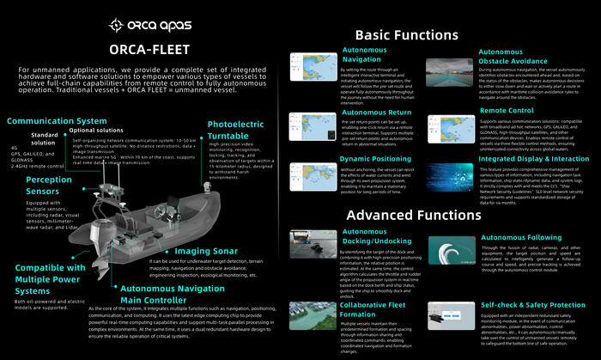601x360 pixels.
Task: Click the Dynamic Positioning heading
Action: coord(374,160)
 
